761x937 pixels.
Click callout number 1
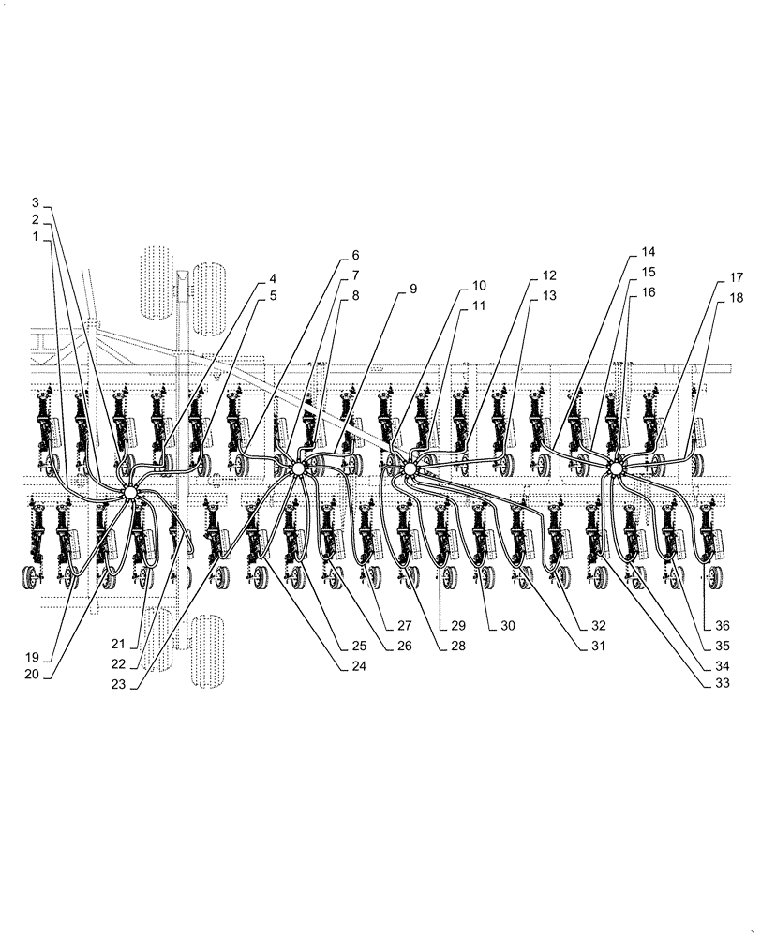pyautogui.click(x=35, y=237)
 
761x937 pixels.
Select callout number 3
pyautogui.click(x=35, y=202)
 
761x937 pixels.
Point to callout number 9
pyautogui.click(x=412, y=290)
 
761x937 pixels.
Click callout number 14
pyautogui.click(x=649, y=253)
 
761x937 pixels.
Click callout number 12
pyautogui.click(x=548, y=276)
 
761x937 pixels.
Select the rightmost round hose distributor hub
pyautogui.click(x=616, y=468)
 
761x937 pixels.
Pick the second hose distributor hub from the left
pyautogui.click(x=299, y=468)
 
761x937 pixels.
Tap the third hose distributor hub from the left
pyautogui.click(x=409, y=467)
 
